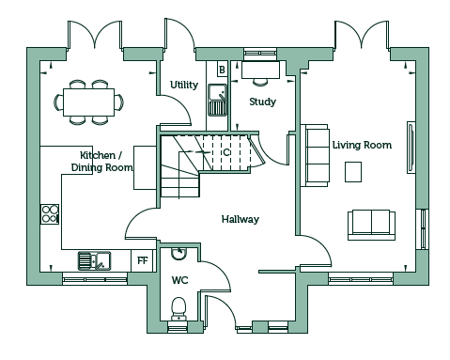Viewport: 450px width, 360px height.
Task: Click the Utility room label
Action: click(184, 85)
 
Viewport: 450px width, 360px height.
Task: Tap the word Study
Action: click(262, 102)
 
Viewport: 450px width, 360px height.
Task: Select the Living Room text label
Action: click(362, 145)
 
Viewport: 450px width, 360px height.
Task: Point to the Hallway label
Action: click(241, 219)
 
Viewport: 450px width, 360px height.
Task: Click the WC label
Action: click(179, 280)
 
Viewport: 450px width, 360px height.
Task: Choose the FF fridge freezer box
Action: click(143, 260)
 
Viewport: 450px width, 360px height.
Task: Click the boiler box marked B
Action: click(222, 70)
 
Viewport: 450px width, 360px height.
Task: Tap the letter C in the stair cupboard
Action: click(226, 152)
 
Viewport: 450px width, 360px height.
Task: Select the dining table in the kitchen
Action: click(88, 102)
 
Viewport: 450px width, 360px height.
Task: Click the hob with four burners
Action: click(50, 213)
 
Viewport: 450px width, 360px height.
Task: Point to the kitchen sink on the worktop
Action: click(94, 260)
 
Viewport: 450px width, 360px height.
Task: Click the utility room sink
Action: click(217, 100)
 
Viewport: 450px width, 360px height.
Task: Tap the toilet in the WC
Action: click(178, 308)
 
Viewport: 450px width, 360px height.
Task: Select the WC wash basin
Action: click(178, 254)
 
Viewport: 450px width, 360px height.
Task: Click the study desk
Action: click(260, 70)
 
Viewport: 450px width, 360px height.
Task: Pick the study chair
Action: click(260, 82)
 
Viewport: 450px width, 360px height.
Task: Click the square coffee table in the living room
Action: click(353, 172)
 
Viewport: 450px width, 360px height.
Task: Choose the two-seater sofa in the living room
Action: click(371, 225)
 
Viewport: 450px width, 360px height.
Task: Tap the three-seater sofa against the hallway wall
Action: click(315, 155)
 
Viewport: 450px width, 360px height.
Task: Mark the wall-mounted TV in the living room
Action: click(411, 148)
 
